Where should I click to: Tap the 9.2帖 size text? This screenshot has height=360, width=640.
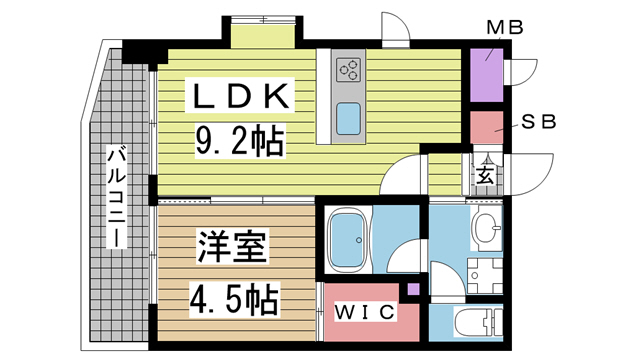click(240, 140)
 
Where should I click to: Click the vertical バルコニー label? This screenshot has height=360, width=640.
click(116, 200)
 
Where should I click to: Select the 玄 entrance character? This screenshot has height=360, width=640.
click(484, 176)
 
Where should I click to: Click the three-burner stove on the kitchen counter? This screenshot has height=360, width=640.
click(349, 70)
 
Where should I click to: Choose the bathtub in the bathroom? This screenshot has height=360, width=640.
click(350, 241)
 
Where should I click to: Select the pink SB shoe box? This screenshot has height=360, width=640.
click(487, 128)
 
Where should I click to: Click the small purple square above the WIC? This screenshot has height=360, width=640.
click(413, 290)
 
